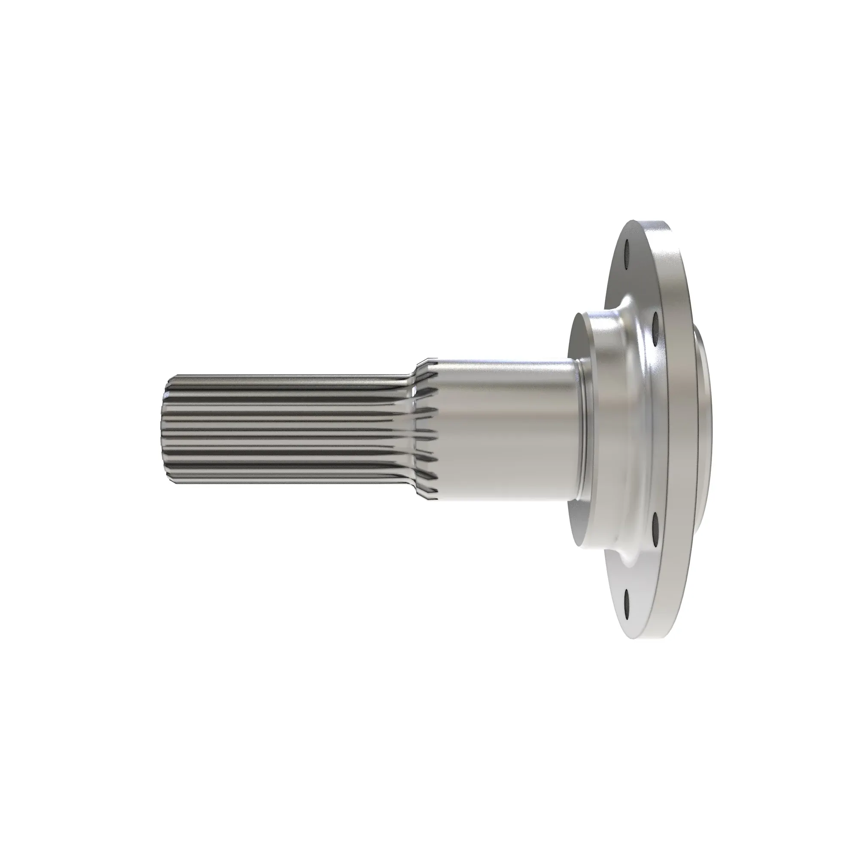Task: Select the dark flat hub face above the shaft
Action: (x=578, y=338)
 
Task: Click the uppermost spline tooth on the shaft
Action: (x=289, y=377)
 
